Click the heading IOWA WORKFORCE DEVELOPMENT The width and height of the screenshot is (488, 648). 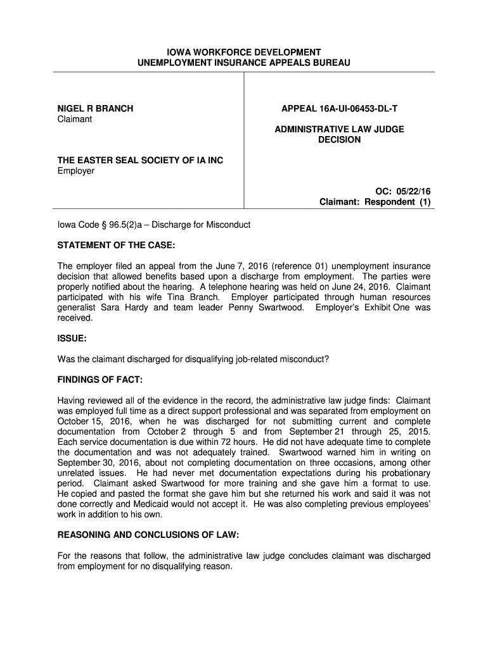click(243, 52)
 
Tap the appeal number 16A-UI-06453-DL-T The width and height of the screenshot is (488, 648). click(357, 108)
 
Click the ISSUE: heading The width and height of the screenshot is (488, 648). click(72, 339)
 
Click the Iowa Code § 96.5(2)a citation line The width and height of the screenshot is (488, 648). click(154, 225)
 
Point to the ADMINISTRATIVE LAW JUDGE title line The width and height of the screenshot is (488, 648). click(339, 129)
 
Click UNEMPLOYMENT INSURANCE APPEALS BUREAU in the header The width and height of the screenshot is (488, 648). click(243, 63)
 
